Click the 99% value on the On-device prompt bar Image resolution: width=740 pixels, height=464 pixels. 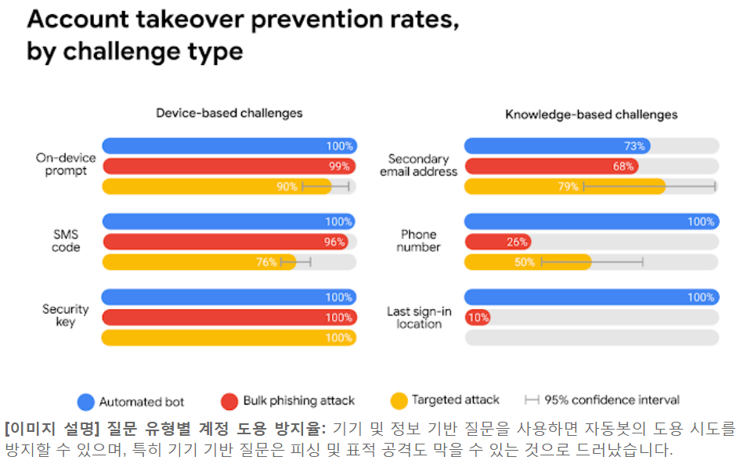pyautogui.click(x=338, y=166)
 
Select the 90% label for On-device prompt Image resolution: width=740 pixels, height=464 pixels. pyautogui.click(x=287, y=186)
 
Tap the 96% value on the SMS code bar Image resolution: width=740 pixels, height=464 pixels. pyautogui.click(x=334, y=242)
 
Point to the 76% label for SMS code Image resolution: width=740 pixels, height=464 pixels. pyautogui.click(x=266, y=262)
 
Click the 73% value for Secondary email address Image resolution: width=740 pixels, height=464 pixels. pyautogui.click(x=634, y=146)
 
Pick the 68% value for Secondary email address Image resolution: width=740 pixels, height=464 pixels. pyautogui.click(x=623, y=166)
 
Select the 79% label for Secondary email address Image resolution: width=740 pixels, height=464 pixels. pyautogui.click(x=569, y=186)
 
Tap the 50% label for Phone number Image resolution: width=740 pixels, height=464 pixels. pyautogui.click(x=525, y=262)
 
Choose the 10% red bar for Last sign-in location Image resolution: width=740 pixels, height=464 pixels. pyautogui.click(x=478, y=318)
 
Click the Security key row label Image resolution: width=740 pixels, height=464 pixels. pyautogui.click(x=66, y=315)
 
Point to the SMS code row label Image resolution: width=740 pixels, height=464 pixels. pyautogui.click(x=66, y=240)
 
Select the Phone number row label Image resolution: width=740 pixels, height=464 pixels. pyautogui.click(x=419, y=240)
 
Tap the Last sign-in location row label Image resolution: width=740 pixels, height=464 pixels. pyautogui.click(x=419, y=317)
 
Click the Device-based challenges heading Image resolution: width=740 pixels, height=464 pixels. pyautogui.click(x=229, y=113)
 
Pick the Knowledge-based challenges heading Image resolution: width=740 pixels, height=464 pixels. pyautogui.click(x=591, y=114)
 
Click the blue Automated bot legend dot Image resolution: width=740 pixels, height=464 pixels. pyautogui.click(x=85, y=401)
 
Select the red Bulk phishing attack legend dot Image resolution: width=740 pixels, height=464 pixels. pyautogui.click(x=229, y=401)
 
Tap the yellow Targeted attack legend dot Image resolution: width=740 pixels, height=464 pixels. pyautogui.click(x=399, y=401)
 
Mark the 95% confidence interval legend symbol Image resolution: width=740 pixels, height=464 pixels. pyautogui.click(x=532, y=401)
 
